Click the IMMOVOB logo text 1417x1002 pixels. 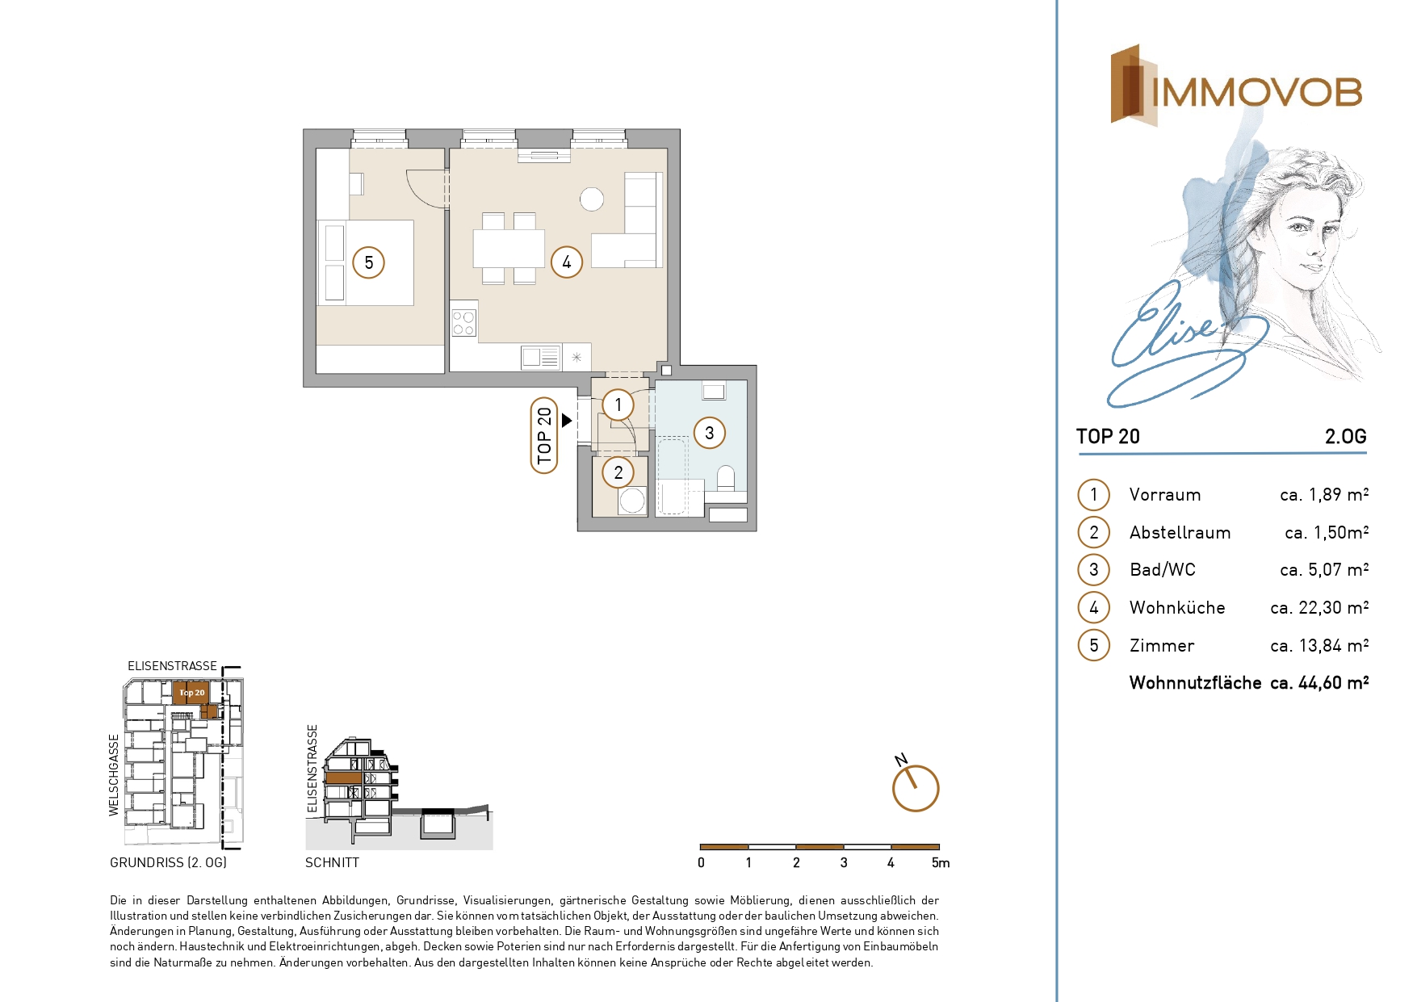pos(1256,92)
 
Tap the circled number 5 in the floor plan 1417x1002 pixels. pos(369,262)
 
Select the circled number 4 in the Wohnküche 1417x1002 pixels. pos(567,262)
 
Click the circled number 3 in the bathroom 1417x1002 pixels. pos(710,433)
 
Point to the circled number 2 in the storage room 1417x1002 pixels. pos(618,472)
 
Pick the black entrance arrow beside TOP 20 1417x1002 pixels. pos(567,421)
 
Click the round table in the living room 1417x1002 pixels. pos(592,199)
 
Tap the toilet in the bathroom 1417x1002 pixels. pos(726,479)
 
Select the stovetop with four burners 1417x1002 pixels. pos(463,323)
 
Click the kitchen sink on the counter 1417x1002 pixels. pos(540,357)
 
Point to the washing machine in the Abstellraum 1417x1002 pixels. pos(632,501)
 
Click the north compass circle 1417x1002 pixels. pos(916,788)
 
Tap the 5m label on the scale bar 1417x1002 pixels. pos(941,862)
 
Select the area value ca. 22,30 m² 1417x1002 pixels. pos(1319,607)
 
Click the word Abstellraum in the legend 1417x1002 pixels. pos(1180,532)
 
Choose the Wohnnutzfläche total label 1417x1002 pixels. pos(1195,683)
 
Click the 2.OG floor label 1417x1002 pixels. pos(1345,437)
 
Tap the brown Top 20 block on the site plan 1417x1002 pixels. pos(191,693)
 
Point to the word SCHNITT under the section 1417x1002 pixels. pos(332,862)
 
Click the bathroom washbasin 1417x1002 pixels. pos(714,392)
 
